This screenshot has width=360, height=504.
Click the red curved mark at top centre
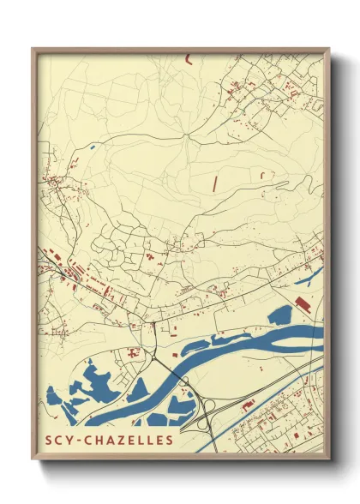tap(187, 58)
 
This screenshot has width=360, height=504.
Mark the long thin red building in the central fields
tap(214, 182)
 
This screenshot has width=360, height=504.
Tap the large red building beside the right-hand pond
tap(301, 303)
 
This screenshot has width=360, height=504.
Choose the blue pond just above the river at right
tap(280, 315)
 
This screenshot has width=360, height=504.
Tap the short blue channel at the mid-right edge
tap(309, 276)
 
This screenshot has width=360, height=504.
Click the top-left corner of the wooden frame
tap(34, 49)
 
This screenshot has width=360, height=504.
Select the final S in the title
tap(170, 441)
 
